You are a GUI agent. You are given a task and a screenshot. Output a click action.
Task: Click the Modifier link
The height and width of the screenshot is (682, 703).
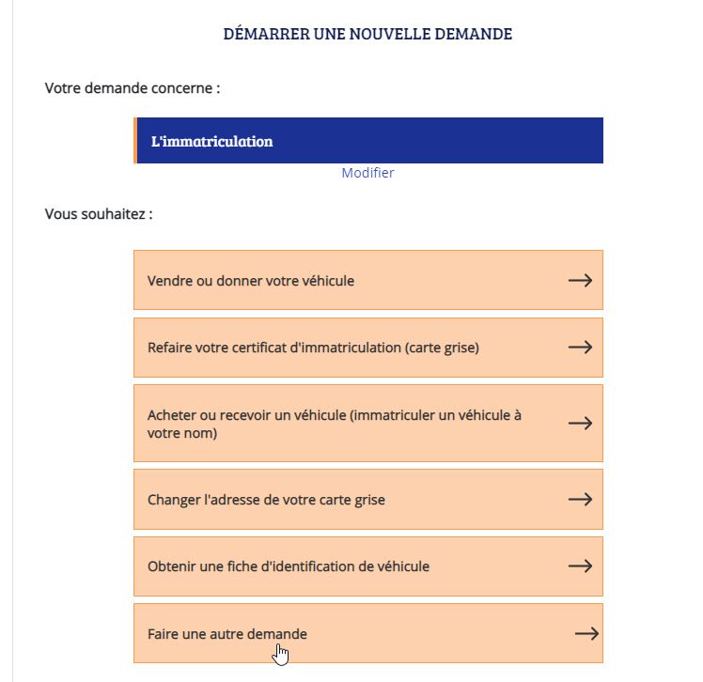pyautogui.click(x=367, y=173)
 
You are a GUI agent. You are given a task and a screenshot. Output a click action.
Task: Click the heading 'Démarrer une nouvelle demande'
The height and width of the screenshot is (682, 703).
pyautogui.click(x=367, y=35)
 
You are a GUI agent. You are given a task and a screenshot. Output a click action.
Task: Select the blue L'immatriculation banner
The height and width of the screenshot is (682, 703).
pyautogui.click(x=368, y=141)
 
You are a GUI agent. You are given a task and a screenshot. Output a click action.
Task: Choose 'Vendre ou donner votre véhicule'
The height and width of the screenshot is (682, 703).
pyautogui.click(x=251, y=280)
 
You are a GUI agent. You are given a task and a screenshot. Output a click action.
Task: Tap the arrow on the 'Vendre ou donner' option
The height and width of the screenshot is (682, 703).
pyautogui.click(x=580, y=280)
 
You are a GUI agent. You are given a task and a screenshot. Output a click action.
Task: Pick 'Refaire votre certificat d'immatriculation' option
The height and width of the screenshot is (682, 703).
pyautogui.click(x=313, y=348)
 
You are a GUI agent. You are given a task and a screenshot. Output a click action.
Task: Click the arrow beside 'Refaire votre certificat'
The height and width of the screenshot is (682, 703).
pyautogui.click(x=580, y=348)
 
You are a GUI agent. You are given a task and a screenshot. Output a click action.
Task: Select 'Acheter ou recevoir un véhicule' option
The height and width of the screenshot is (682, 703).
pyautogui.click(x=334, y=424)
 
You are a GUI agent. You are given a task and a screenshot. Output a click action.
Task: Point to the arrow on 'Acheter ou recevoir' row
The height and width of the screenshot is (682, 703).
pyautogui.click(x=580, y=424)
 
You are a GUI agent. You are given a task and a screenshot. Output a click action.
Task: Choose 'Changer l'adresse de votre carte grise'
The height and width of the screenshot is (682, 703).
pyautogui.click(x=266, y=500)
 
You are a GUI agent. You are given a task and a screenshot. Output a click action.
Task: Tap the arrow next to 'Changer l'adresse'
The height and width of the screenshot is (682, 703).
pyautogui.click(x=580, y=500)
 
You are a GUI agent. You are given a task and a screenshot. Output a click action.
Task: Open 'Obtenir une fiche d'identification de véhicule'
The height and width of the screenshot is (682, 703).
pyautogui.click(x=289, y=566)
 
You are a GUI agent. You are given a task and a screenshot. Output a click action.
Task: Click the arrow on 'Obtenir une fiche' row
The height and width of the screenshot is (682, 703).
pyautogui.click(x=580, y=566)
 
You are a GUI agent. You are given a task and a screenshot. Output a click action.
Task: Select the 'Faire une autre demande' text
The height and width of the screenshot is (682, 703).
pyautogui.click(x=227, y=634)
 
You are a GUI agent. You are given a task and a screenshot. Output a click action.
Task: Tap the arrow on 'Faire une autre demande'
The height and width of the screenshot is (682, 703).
pyautogui.click(x=586, y=634)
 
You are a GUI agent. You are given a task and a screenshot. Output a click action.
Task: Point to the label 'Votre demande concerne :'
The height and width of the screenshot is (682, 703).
pyautogui.click(x=133, y=88)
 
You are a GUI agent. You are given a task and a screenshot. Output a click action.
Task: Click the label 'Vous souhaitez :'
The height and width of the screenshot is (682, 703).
pyautogui.click(x=99, y=214)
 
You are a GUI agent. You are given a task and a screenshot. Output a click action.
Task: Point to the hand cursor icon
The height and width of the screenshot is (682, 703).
pyautogui.click(x=280, y=653)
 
